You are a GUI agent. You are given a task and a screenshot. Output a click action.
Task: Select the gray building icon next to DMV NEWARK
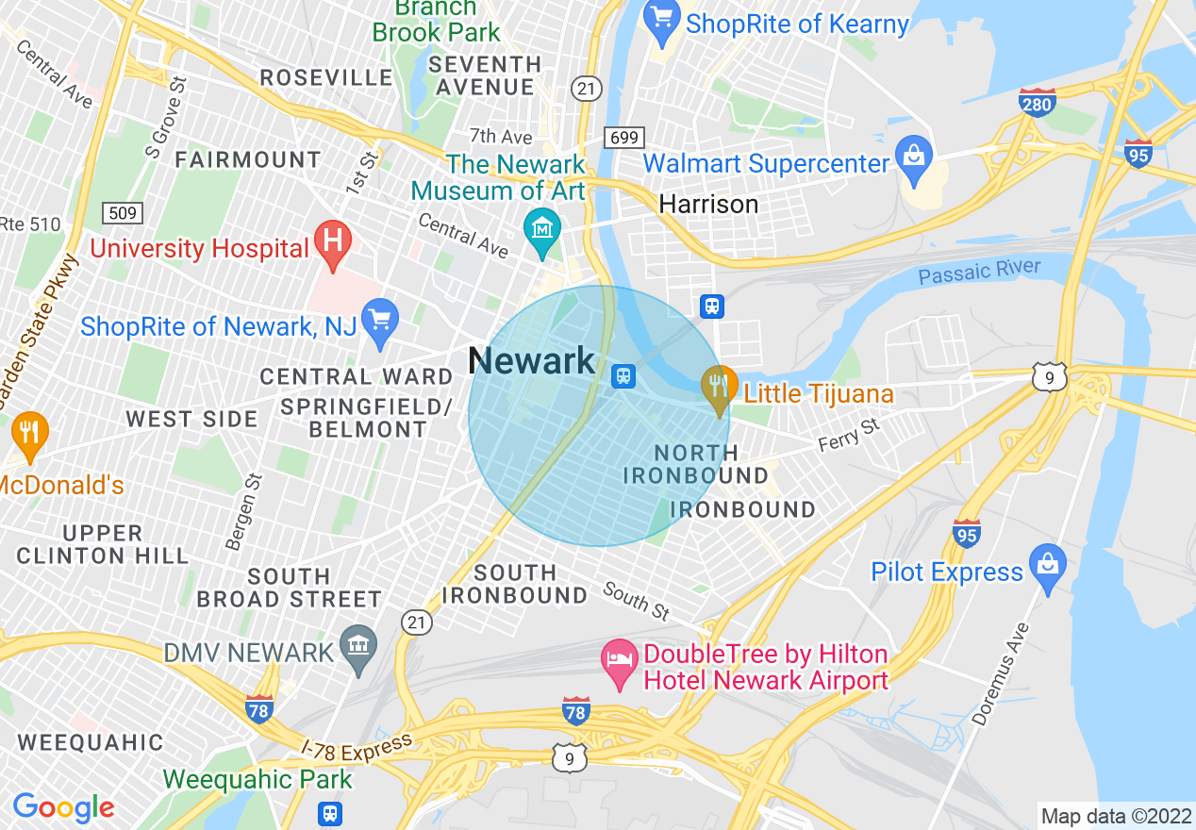[357, 647]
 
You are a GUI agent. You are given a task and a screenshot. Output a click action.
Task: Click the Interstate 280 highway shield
[1037, 103]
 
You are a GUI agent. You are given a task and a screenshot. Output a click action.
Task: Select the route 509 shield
[123, 213]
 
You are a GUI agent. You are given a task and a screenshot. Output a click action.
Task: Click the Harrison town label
[708, 204]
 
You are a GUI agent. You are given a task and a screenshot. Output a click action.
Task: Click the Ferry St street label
[848, 436]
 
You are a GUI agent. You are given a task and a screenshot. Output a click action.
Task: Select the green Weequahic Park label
[257, 780]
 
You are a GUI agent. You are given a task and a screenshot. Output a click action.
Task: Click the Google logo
[63, 808]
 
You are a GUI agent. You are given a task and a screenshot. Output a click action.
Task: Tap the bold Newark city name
[531, 361]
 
